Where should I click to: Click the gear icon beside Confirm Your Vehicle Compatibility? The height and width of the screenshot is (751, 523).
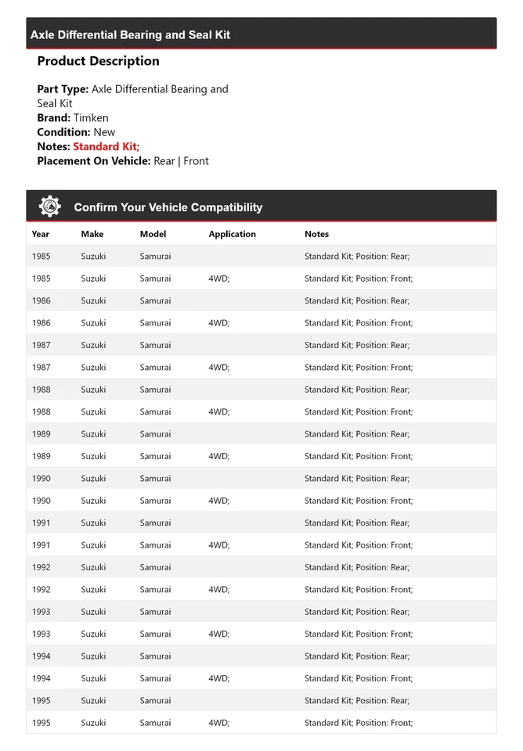50,207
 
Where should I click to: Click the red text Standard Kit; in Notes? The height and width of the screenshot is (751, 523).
106,146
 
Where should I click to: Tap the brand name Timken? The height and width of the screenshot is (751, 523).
91,118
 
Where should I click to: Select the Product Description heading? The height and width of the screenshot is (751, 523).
98,61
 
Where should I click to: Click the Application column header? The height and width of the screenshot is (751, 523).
232,234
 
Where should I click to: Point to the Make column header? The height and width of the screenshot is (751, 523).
92,234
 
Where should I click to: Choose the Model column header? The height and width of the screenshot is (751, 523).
153,234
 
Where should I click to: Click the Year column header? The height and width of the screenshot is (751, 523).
41,234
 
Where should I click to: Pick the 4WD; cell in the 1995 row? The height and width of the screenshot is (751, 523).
218,723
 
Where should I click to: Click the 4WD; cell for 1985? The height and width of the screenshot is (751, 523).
218,278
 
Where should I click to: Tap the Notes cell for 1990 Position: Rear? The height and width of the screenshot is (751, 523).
356,478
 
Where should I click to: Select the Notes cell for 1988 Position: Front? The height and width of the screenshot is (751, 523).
358,411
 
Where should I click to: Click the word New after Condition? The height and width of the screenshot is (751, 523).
104,132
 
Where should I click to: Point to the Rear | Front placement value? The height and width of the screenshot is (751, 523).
181,161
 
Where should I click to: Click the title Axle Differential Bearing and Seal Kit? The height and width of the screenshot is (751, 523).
130,35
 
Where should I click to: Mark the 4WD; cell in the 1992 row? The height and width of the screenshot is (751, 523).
218,590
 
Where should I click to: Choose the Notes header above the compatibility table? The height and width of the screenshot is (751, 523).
316,234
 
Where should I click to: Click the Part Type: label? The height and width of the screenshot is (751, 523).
63,89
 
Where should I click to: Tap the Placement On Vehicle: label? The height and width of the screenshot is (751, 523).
93,161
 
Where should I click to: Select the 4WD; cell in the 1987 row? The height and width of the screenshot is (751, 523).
218,367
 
